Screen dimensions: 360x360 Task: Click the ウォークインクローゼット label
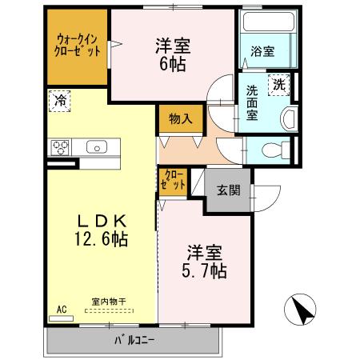point(78,44)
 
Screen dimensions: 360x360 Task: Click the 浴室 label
point(263,52)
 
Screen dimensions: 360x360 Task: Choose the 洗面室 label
point(252,102)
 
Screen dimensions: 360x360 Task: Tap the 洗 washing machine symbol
point(279,84)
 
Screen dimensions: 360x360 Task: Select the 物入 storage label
point(180,119)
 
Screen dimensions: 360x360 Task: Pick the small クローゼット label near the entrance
point(174,180)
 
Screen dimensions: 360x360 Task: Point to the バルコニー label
point(134,342)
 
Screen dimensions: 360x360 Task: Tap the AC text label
point(62,308)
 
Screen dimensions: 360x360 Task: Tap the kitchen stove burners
point(62,146)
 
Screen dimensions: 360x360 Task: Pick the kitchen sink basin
point(96,146)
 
